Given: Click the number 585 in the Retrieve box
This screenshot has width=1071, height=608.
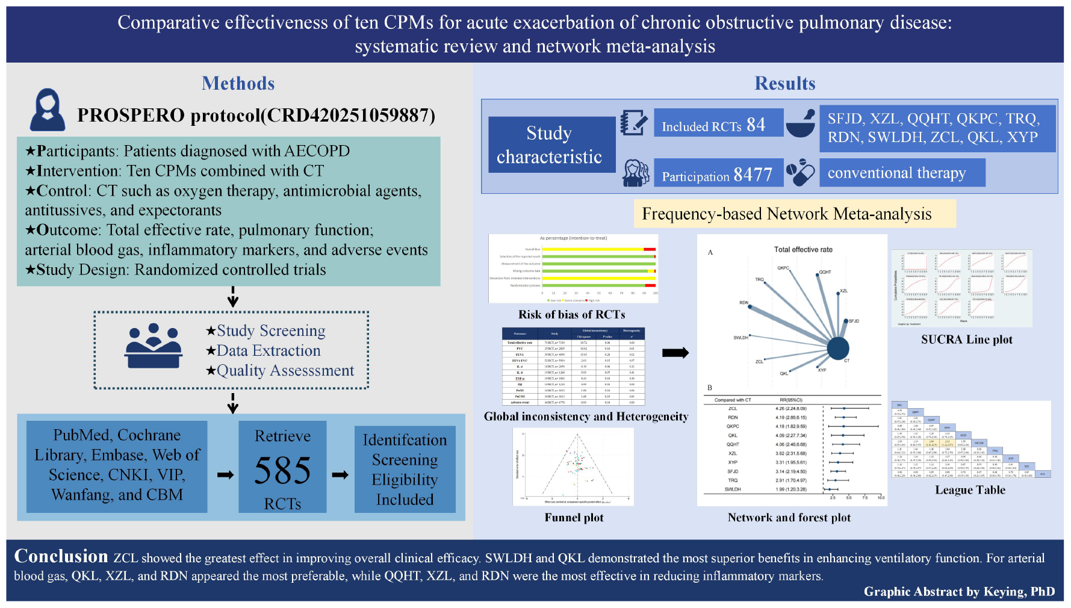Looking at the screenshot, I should (x=282, y=470).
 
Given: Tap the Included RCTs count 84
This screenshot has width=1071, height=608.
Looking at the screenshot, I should (x=756, y=125).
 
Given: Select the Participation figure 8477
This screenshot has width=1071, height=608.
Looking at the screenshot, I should (x=753, y=175).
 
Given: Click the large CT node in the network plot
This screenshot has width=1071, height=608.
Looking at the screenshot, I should (x=837, y=348).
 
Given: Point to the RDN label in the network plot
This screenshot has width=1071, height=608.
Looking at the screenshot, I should (x=743, y=303).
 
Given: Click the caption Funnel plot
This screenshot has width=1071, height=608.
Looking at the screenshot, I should (x=574, y=518).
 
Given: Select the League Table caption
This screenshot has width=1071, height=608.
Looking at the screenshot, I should (x=970, y=490).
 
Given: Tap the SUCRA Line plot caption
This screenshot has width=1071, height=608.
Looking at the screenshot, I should (x=966, y=340).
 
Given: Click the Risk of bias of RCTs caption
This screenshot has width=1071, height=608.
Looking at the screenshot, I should (x=571, y=315).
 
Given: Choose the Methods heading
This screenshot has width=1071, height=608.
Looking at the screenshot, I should (x=238, y=83).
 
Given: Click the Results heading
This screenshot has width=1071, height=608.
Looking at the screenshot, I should (x=784, y=83).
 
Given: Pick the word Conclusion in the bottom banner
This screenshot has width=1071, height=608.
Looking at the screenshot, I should (x=61, y=556).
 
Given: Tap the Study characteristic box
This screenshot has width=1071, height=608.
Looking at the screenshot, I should (x=549, y=144).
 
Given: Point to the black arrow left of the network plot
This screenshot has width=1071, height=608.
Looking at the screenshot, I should (x=675, y=353).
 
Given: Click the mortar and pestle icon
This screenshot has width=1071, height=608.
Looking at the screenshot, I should (x=801, y=123).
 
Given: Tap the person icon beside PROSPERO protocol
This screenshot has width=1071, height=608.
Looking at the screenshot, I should (x=48, y=110).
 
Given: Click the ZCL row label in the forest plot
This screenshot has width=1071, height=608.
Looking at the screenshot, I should (x=733, y=408).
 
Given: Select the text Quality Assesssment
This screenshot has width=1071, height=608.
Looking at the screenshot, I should (x=285, y=371).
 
